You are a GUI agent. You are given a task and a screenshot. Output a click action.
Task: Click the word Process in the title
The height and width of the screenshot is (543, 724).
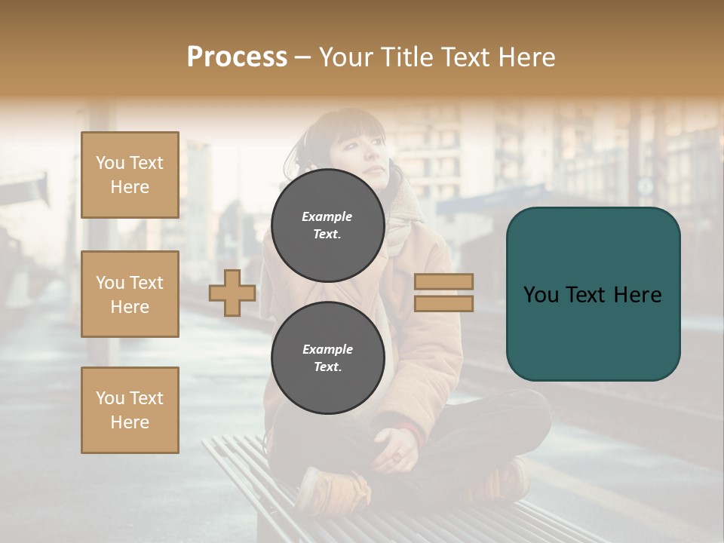(237, 57)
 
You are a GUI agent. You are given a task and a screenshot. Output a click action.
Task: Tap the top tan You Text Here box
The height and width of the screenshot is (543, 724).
(130, 175)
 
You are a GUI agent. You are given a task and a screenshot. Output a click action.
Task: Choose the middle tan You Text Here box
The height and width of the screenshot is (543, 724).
(130, 294)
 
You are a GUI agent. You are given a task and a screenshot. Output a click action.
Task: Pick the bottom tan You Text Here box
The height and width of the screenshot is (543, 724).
(130, 410)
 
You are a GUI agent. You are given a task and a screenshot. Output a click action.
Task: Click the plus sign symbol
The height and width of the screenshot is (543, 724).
(232, 293)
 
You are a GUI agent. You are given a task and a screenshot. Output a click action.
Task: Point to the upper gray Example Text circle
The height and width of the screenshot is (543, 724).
(327, 225)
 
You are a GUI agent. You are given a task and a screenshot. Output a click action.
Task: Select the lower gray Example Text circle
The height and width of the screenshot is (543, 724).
(327, 357)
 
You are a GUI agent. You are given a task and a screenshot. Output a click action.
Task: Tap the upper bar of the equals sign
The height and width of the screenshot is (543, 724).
(443, 282)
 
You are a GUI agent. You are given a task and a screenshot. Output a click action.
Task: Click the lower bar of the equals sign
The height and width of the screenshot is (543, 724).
(443, 303)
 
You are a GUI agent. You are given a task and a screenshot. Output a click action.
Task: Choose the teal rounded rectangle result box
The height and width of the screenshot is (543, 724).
(593, 293)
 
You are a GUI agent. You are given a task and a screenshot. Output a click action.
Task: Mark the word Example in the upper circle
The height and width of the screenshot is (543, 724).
(327, 216)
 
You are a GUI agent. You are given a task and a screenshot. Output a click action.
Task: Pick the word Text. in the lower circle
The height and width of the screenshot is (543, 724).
(327, 367)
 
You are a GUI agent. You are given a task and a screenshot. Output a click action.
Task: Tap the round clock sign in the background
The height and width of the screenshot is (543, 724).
(646, 186)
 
